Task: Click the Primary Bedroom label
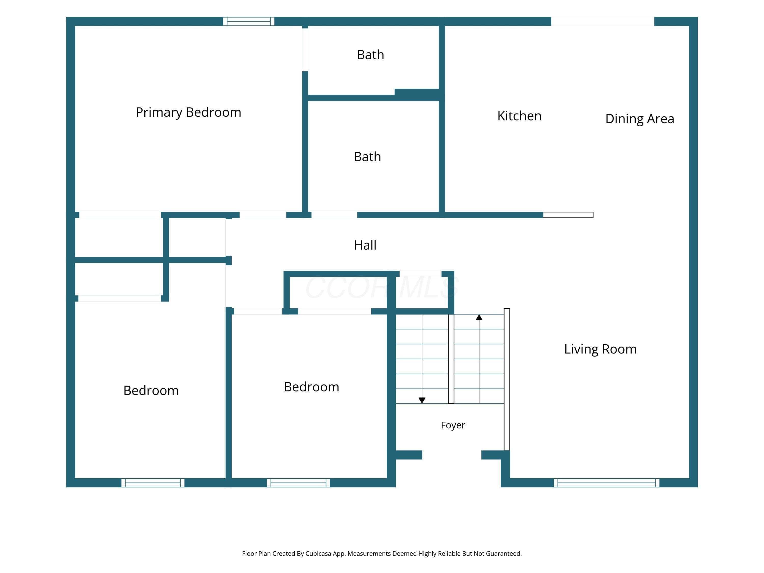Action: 188,113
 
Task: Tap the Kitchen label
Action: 519,116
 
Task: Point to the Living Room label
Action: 600,349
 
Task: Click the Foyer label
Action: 453,425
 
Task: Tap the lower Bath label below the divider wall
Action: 367,157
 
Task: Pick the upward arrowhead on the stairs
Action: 479,317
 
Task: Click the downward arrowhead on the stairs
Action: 422,400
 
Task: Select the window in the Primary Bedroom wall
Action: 249,21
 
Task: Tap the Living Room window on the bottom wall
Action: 607,483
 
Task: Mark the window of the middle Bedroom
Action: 298,483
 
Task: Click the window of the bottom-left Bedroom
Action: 153,483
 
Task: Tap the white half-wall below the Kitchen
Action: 568,215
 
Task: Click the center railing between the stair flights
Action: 451,359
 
